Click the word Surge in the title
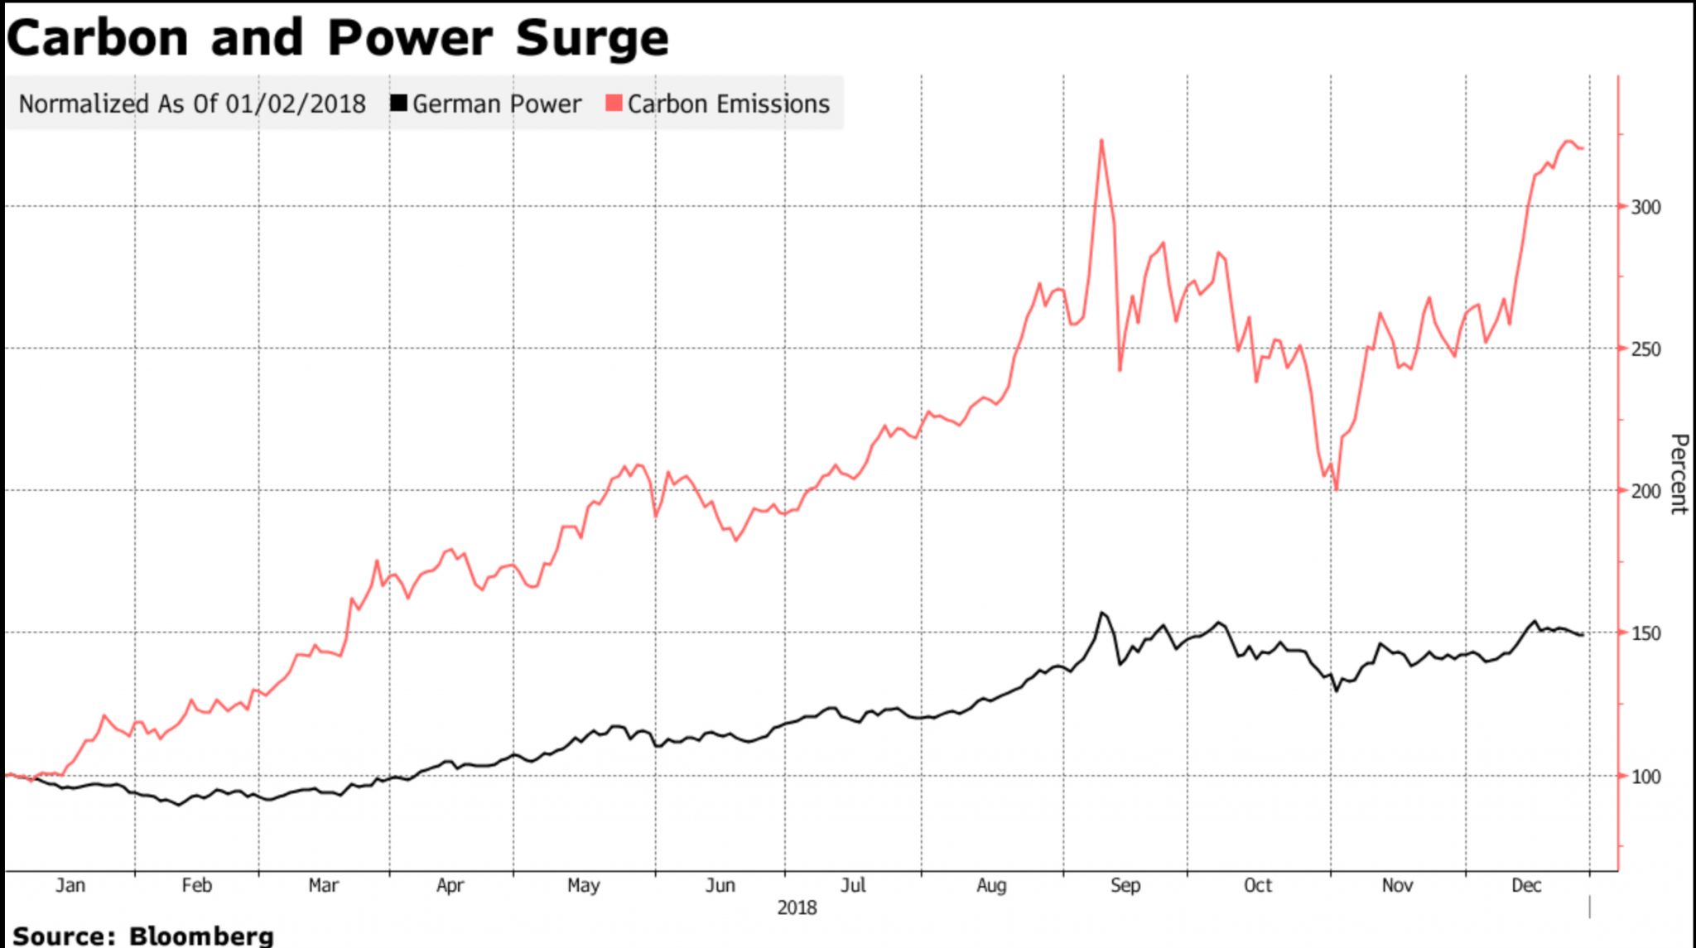click(x=591, y=38)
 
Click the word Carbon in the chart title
click(x=98, y=38)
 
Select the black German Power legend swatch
click(x=399, y=103)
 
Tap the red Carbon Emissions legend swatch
click(x=614, y=103)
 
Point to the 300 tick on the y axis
click(x=1645, y=207)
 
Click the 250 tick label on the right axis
click(x=1645, y=349)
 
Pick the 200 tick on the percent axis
click(x=1645, y=491)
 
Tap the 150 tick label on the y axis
click(x=1645, y=633)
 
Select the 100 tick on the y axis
click(x=1645, y=777)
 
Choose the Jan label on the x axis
click(x=70, y=885)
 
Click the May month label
click(x=583, y=885)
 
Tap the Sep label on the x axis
click(x=1125, y=885)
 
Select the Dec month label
click(x=1525, y=885)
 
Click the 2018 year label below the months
click(x=797, y=908)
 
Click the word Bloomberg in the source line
click(x=201, y=936)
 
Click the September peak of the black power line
click(x=1101, y=613)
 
